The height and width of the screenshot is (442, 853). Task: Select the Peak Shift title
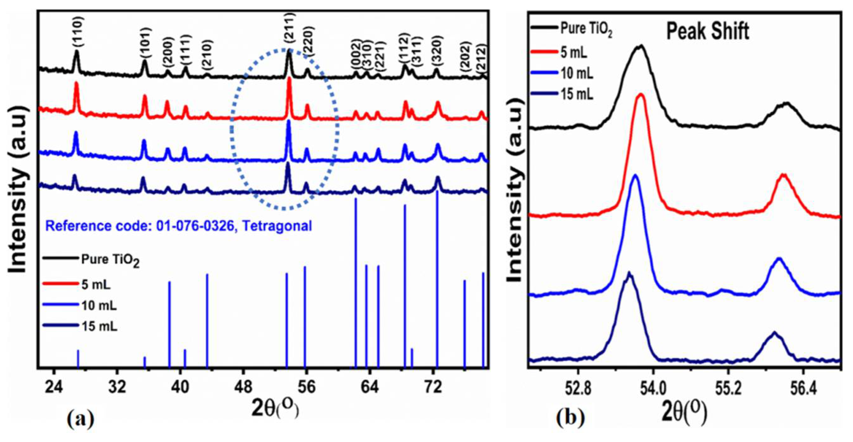pyautogui.click(x=708, y=32)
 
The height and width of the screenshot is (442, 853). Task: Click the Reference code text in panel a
pyautogui.click(x=179, y=226)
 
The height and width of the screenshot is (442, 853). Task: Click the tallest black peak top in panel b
pyautogui.click(x=641, y=46)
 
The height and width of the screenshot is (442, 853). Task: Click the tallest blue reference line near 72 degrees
pyautogui.click(x=437, y=278)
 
